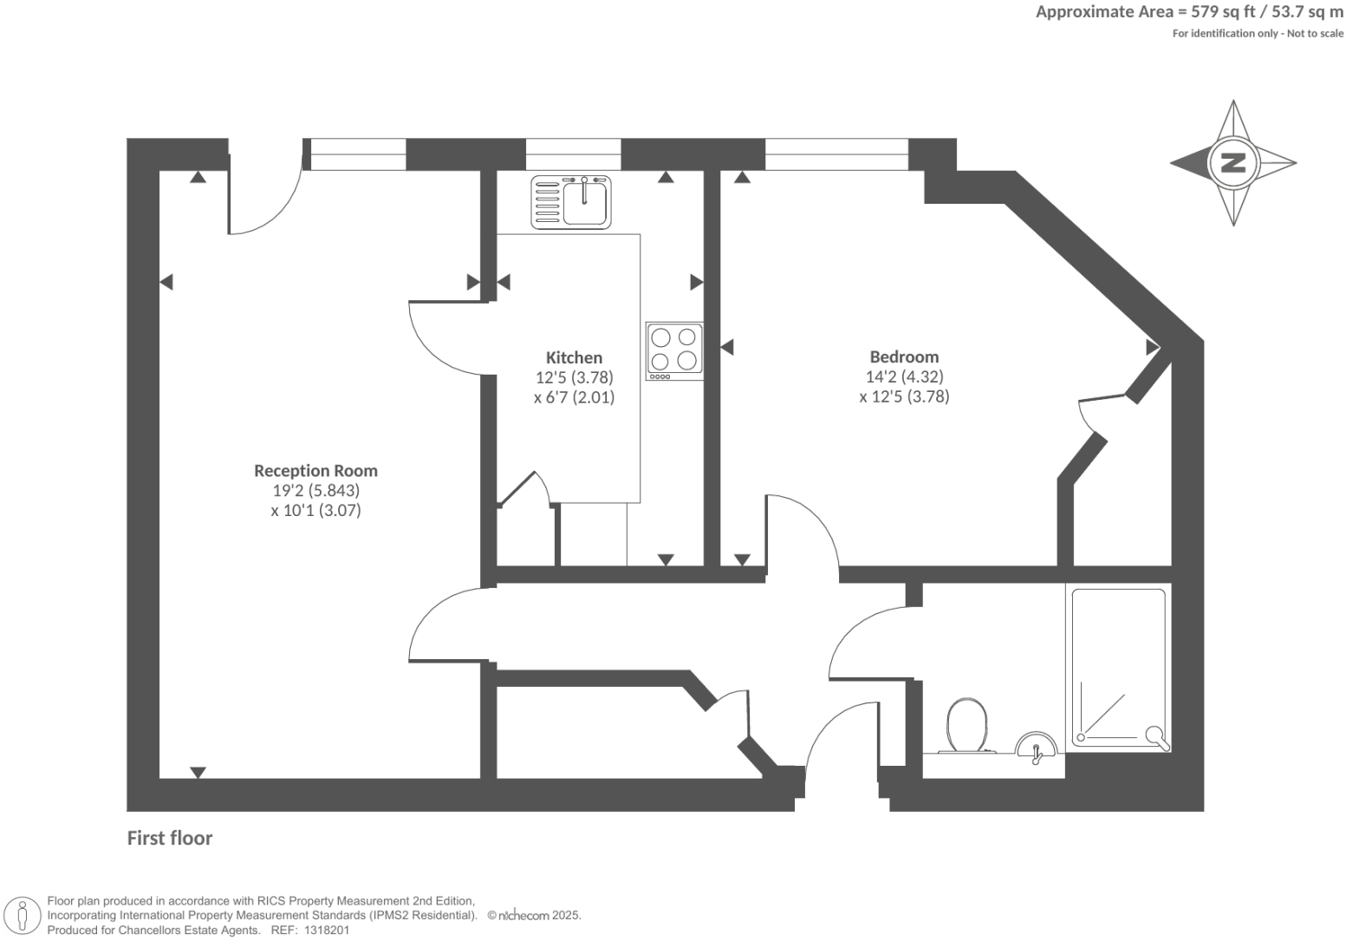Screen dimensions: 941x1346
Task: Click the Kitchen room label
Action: pos(574,357)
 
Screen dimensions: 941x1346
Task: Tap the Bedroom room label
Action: pos(904,356)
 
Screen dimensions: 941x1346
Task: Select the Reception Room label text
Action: pos(315,471)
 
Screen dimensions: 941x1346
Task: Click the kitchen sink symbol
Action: pos(572,201)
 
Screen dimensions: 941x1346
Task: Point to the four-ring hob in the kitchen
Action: pos(674,350)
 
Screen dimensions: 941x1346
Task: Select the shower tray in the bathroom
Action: pos(1119,666)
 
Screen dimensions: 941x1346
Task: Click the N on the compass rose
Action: pos(1232,162)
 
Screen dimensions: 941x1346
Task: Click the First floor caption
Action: pos(170,838)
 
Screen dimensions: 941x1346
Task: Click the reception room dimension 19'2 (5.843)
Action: pos(315,491)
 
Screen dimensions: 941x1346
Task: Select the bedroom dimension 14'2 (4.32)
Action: pos(904,376)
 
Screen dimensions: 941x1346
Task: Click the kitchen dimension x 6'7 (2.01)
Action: pos(574,397)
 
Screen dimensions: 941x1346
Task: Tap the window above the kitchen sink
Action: pos(573,154)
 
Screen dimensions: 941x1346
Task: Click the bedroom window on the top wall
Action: pos(836,154)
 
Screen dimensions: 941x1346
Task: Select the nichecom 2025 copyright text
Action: pos(534,915)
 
